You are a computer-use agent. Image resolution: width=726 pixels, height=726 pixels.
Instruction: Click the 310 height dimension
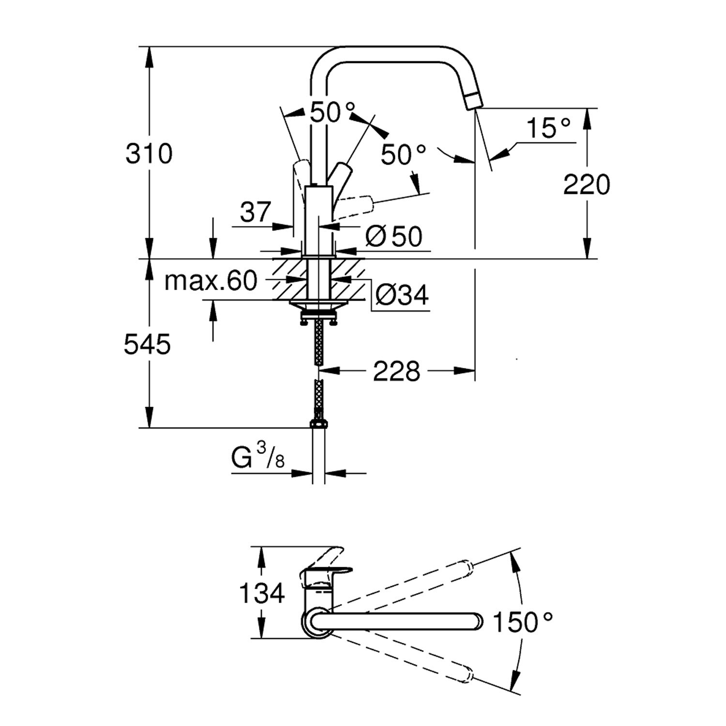(149, 154)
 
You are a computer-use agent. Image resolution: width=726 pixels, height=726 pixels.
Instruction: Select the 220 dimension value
(587, 185)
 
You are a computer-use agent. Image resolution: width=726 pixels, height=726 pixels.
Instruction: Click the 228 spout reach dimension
(396, 372)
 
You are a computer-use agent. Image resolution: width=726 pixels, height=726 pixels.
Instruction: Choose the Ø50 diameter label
(393, 237)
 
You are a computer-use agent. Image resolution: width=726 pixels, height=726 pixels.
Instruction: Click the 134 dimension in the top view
(262, 593)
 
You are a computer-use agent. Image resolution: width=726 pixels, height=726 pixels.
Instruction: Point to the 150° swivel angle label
(522, 622)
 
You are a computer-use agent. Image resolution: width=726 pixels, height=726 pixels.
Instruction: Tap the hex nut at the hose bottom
(318, 424)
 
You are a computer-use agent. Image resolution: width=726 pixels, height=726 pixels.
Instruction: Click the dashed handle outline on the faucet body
(356, 204)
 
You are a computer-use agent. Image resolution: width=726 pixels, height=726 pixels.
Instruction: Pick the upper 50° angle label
(332, 113)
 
